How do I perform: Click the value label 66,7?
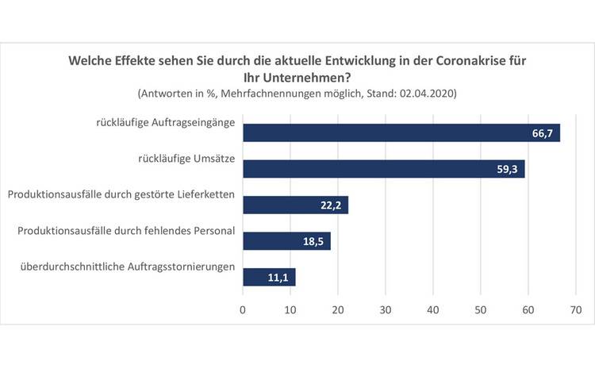click(x=544, y=133)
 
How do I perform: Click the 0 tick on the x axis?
click(x=243, y=311)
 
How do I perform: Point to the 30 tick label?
click(x=386, y=311)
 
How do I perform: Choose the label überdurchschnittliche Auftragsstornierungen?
click(x=127, y=266)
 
